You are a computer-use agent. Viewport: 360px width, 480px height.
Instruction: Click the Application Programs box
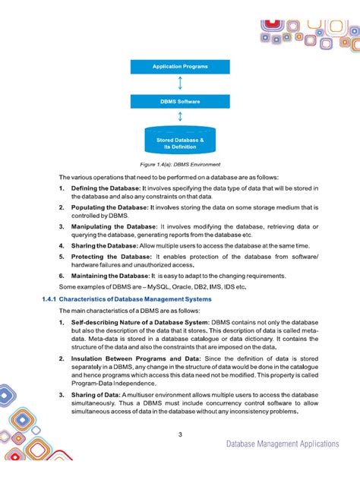pyautogui.click(x=180, y=67)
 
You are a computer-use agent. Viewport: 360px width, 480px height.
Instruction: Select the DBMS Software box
pyautogui.click(x=180, y=100)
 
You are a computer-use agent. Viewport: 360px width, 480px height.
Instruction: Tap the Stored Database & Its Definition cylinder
pyautogui.click(x=180, y=141)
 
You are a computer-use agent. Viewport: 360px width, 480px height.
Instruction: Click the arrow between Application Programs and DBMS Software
pyautogui.click(x=180, y=84)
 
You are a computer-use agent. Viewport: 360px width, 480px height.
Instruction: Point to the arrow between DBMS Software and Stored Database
pyautogui.click(x=180, y=116)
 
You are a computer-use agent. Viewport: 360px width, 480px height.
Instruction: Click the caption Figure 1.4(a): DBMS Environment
pyautogui.click(x=180, y=163)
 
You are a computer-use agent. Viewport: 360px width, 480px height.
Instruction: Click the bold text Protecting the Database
pyautogui.click(x=111, y=257)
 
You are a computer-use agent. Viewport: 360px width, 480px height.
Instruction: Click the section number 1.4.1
pyautogui.click(x=48, y=299)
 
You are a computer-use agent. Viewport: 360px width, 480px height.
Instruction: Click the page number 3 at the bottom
pyautogui.click(x=180, y=434)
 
